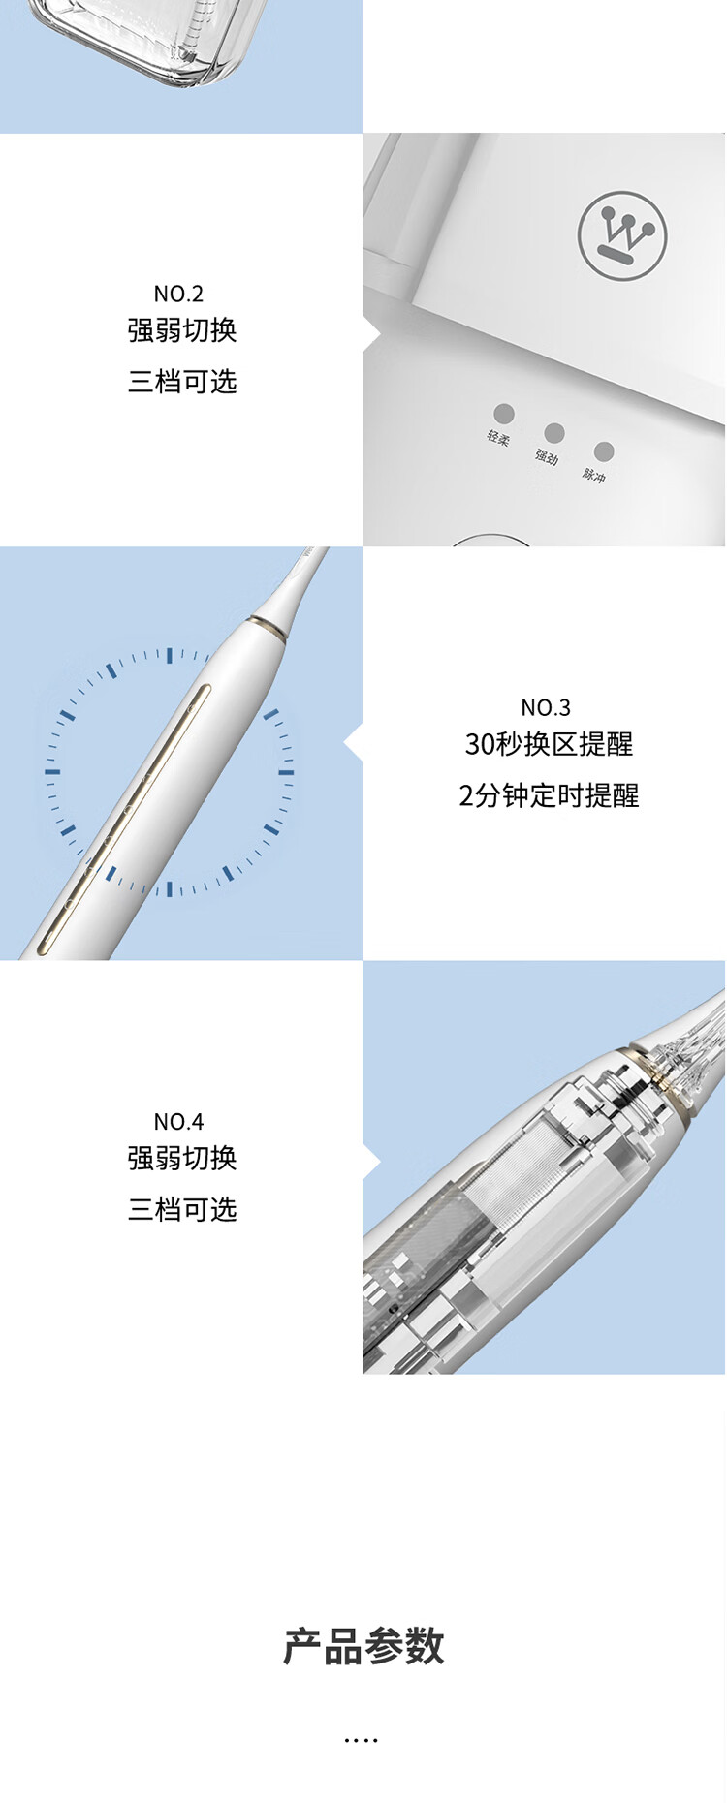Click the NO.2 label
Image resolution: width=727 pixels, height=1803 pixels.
[178, 294]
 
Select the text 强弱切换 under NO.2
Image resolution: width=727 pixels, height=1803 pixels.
[182, 330]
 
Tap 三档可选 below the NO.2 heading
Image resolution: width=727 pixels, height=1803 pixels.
[182, 382]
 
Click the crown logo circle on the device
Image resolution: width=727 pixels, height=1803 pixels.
[622, 235]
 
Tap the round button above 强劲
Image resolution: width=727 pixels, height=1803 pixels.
[554, 432]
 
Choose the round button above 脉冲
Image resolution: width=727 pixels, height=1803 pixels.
[604, 451]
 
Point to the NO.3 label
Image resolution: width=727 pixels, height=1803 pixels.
[546, 707]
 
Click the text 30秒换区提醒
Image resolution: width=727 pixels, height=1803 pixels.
[549, 744]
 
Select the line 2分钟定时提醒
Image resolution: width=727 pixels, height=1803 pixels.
[549, 796]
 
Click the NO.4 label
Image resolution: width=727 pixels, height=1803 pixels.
[178, 1122]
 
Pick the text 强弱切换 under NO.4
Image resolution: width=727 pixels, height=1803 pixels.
[182, 1158]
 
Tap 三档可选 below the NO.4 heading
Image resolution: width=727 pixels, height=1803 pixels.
[182, 1209]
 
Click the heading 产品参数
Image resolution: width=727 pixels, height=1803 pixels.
[363, 1647]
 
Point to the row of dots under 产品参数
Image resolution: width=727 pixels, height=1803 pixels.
[361, 1741]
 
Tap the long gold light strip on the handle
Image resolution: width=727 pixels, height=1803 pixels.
[123, 820]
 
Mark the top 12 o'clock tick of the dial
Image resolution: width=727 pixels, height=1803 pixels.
[170, 656]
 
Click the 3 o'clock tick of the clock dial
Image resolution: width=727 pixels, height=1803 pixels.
[286, 772]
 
